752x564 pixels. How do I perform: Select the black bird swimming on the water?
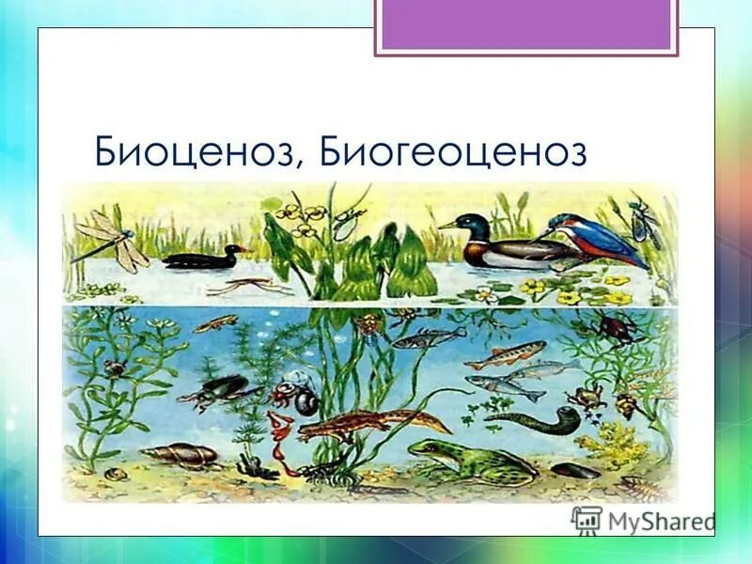point(201,257)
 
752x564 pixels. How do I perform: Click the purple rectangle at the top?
point(525,24)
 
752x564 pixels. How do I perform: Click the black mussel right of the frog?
point(574,469)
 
